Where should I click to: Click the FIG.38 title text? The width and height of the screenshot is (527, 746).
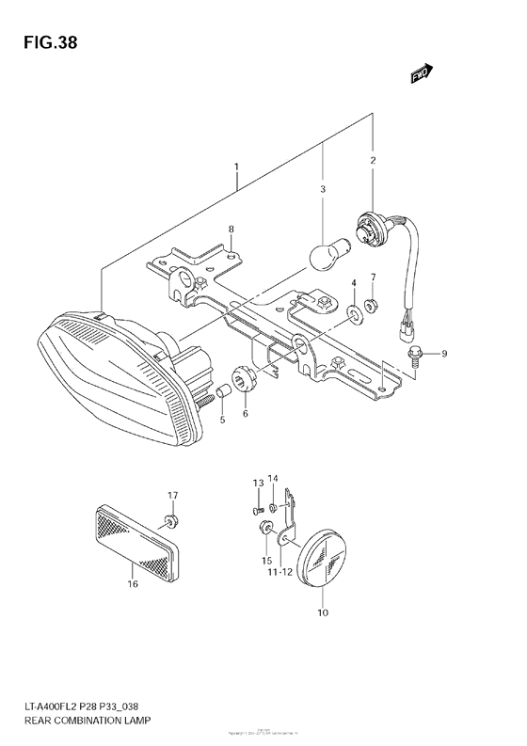[x=44, y=41]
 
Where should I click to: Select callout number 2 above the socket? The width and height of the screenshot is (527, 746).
[x=373, y=161]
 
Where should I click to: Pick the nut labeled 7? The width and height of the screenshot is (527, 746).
[x=372, y=305]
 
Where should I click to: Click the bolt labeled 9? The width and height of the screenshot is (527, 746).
[x=416, y=355]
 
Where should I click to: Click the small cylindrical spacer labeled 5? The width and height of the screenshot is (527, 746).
[x=224, y=391]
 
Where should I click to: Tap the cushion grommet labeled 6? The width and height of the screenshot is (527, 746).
[x=245, y=382]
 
